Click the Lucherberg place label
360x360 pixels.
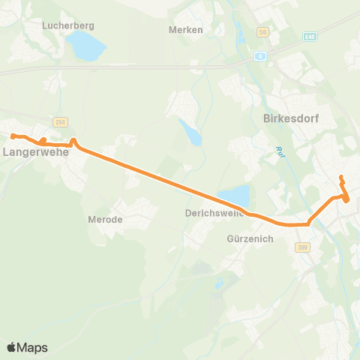pyautogui.click(x=68, y=25)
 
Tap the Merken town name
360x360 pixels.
pyautogui.click(x=185, y=30)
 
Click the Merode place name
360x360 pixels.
pyautogui.click(x=105, y=220)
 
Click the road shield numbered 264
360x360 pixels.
pyautogui.click(x=60, y=121)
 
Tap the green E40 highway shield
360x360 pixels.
pyautogui.click(x=310, y=35)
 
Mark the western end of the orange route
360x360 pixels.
pyautogui.click(x=12, y=136)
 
